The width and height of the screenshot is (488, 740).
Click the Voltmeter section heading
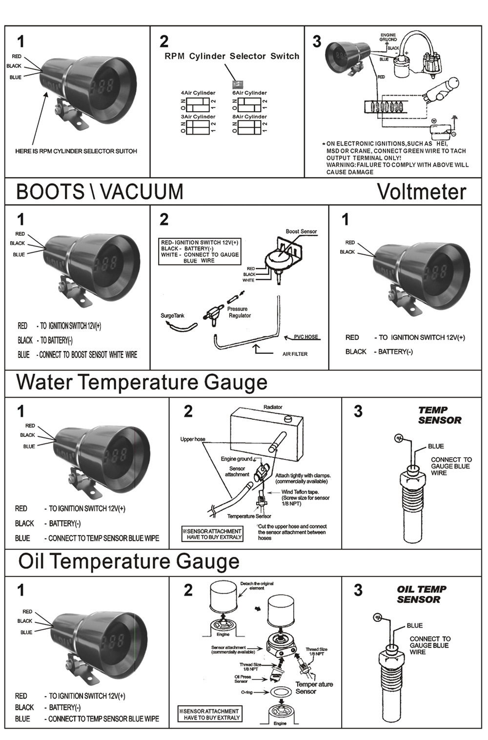[x=421, y=192]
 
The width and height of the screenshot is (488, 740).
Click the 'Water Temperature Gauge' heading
[x=142, y=382]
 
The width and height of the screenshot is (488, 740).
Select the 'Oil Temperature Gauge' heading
[x=129, y=561]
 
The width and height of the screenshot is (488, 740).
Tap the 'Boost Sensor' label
[x=301, y=231]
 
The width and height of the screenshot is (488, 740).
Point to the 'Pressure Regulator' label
[x=239, y=312]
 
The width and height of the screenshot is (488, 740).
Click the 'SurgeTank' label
[x=173, y=316]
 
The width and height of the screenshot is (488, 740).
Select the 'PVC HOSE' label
[x=306, y=337]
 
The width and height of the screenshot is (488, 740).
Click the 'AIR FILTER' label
[x=295, y=354]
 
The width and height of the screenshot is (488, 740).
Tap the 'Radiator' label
[x=273, y=407]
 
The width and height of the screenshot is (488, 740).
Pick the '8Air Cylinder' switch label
[x=249, y=117]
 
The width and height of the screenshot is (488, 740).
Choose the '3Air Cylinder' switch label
[x=198, y=117]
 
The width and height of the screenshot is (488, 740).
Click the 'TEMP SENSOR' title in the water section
[x=439, y=415]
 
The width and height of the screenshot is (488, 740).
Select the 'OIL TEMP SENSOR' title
[x=421, y=594]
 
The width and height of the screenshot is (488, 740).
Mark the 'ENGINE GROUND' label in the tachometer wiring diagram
[x=388, y=37]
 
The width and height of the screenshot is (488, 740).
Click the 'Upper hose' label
[x=193, y=439]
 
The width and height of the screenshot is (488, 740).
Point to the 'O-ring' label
[x=247, y=692]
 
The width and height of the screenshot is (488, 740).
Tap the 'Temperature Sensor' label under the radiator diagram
[x=249, y=516]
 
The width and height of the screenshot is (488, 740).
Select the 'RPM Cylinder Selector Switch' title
[x=232, y=56]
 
